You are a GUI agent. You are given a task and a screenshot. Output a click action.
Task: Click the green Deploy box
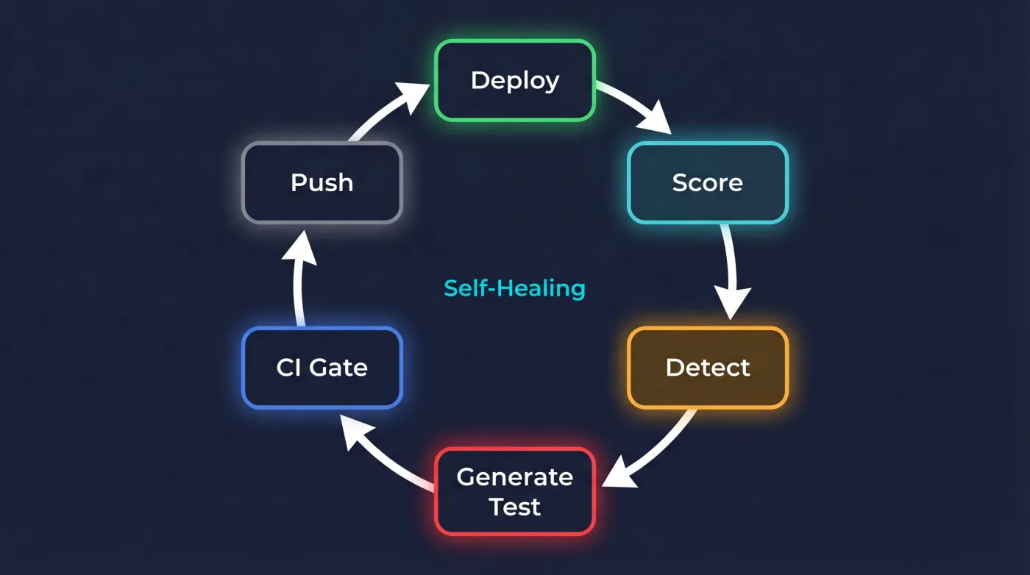tap(515, 80)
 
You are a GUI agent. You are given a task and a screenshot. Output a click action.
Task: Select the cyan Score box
tap(707, 182)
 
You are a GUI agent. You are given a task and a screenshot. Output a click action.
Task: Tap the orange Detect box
tap(707, 367)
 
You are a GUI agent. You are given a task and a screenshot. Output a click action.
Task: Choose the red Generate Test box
tap(515, 491)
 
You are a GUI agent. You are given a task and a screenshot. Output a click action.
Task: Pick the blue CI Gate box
tap(322, 367)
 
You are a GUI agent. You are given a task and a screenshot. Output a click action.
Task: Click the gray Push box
tap(322, 182)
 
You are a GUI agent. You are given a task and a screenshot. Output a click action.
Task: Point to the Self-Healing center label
tap(514, 288)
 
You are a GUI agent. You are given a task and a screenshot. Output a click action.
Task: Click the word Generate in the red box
tap(515, 477)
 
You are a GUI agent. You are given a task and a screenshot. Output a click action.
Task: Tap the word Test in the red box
tap(515, 507)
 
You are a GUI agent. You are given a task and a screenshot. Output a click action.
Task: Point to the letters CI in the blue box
tap(288, 367)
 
